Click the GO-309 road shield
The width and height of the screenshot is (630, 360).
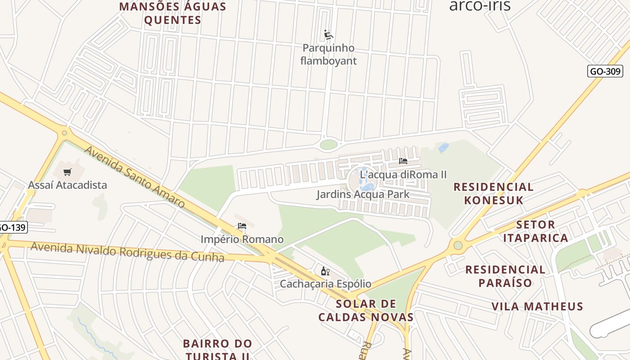pyautogui.click(x=605, y=71)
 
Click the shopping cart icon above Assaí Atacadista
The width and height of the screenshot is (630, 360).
pyautogui.click(x=67, y=172)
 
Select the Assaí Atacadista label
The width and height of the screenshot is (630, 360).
pyautogui.click(x=67, y=185)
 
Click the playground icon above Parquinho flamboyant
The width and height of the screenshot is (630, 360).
pyautogui.click(x=328, y=35)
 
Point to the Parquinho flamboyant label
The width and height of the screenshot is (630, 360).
pyautogui.click(x=328, y=54)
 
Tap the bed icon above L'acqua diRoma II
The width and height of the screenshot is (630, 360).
pyautogui.click(x=403, y=161)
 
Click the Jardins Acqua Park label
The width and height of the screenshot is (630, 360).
pyautogui.click(x=363, y=194)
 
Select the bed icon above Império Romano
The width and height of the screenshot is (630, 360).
pyautogui.click(x=242, y=226)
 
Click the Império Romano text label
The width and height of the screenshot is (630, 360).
pyautogui.click(x=242, y=239)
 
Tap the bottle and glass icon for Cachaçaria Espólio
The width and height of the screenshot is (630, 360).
pyautogui.click(x=325, y=271)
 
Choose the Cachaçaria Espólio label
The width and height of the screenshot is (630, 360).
pyautogui.click(x=325, y=284)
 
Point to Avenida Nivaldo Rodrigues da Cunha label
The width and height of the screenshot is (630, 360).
pyautogui.click(x=127, y=252)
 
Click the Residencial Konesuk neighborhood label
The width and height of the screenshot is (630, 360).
pyautogui.click(x=493, y=193)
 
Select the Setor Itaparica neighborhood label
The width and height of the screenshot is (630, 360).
pyautogui.click(x=535, y=231)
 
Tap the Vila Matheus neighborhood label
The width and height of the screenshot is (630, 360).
pyautogui.click(x=537, y=306)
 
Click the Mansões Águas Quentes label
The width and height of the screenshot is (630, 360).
pyautogui.click(x=173, y=13)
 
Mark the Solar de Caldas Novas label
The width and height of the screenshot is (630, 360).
pyautogui.click(x=366, y=310)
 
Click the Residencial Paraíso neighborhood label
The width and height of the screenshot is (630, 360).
pyautogui.click(x=505, y=276)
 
